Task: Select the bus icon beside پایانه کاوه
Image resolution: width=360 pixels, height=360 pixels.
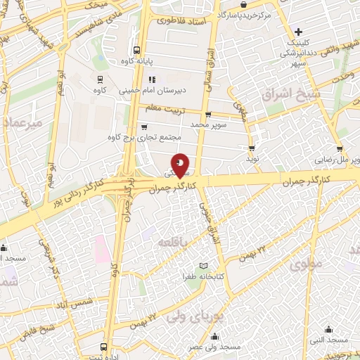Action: [x=136, y=50]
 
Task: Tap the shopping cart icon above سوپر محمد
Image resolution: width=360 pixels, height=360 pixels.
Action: [x=207, y=115]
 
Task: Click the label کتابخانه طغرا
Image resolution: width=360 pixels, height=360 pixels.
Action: [x=203, y=276]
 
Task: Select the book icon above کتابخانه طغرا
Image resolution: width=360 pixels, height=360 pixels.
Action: [x=203, y=265]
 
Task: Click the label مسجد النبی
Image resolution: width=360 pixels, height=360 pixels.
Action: [x=328, y=340]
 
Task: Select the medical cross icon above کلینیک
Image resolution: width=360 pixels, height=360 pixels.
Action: [x=299, y=32]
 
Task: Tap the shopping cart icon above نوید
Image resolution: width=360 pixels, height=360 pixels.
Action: [x=251, y=148]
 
